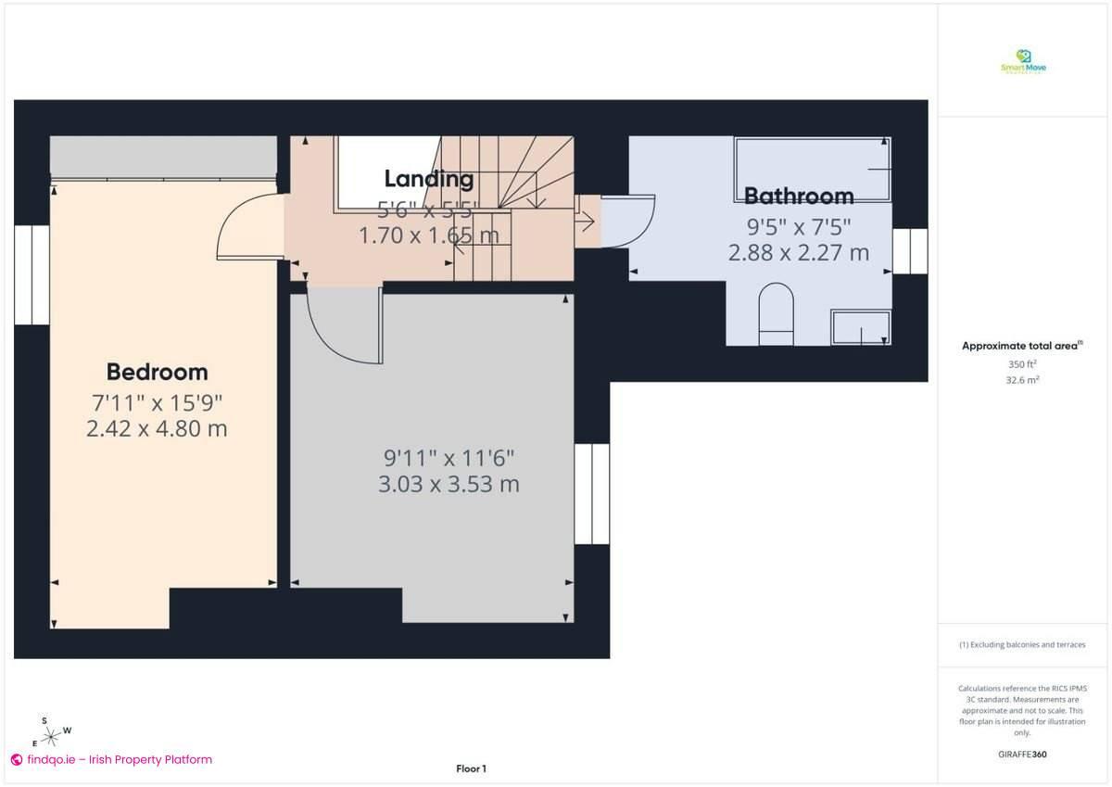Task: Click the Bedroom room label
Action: (157, 372)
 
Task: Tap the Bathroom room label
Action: (799, 196)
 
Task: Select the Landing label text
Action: (429, 179)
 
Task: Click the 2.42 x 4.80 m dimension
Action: (157, 429)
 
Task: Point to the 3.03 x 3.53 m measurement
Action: (449, 484)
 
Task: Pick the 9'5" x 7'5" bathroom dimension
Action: (799, 225)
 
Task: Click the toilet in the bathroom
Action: (777, 314)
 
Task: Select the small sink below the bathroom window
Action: (861, 328)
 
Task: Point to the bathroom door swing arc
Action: (628, 222)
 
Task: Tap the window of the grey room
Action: (592, 493)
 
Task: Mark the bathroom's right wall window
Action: (910, 251)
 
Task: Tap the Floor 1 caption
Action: (471, 768)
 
